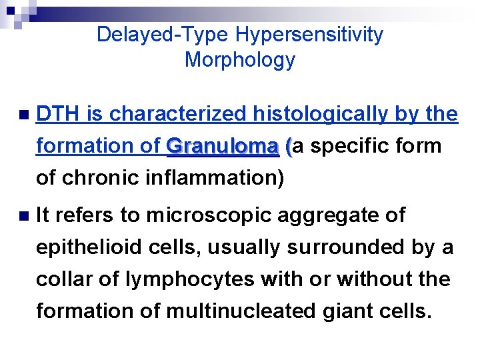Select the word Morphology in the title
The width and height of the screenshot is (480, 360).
(x=239, y=60)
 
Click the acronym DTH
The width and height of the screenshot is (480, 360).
(x=57, y=115)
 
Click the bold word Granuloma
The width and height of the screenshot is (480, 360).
(x=223, y=146)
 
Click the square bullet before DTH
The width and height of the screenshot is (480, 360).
(x=24, y=115)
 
